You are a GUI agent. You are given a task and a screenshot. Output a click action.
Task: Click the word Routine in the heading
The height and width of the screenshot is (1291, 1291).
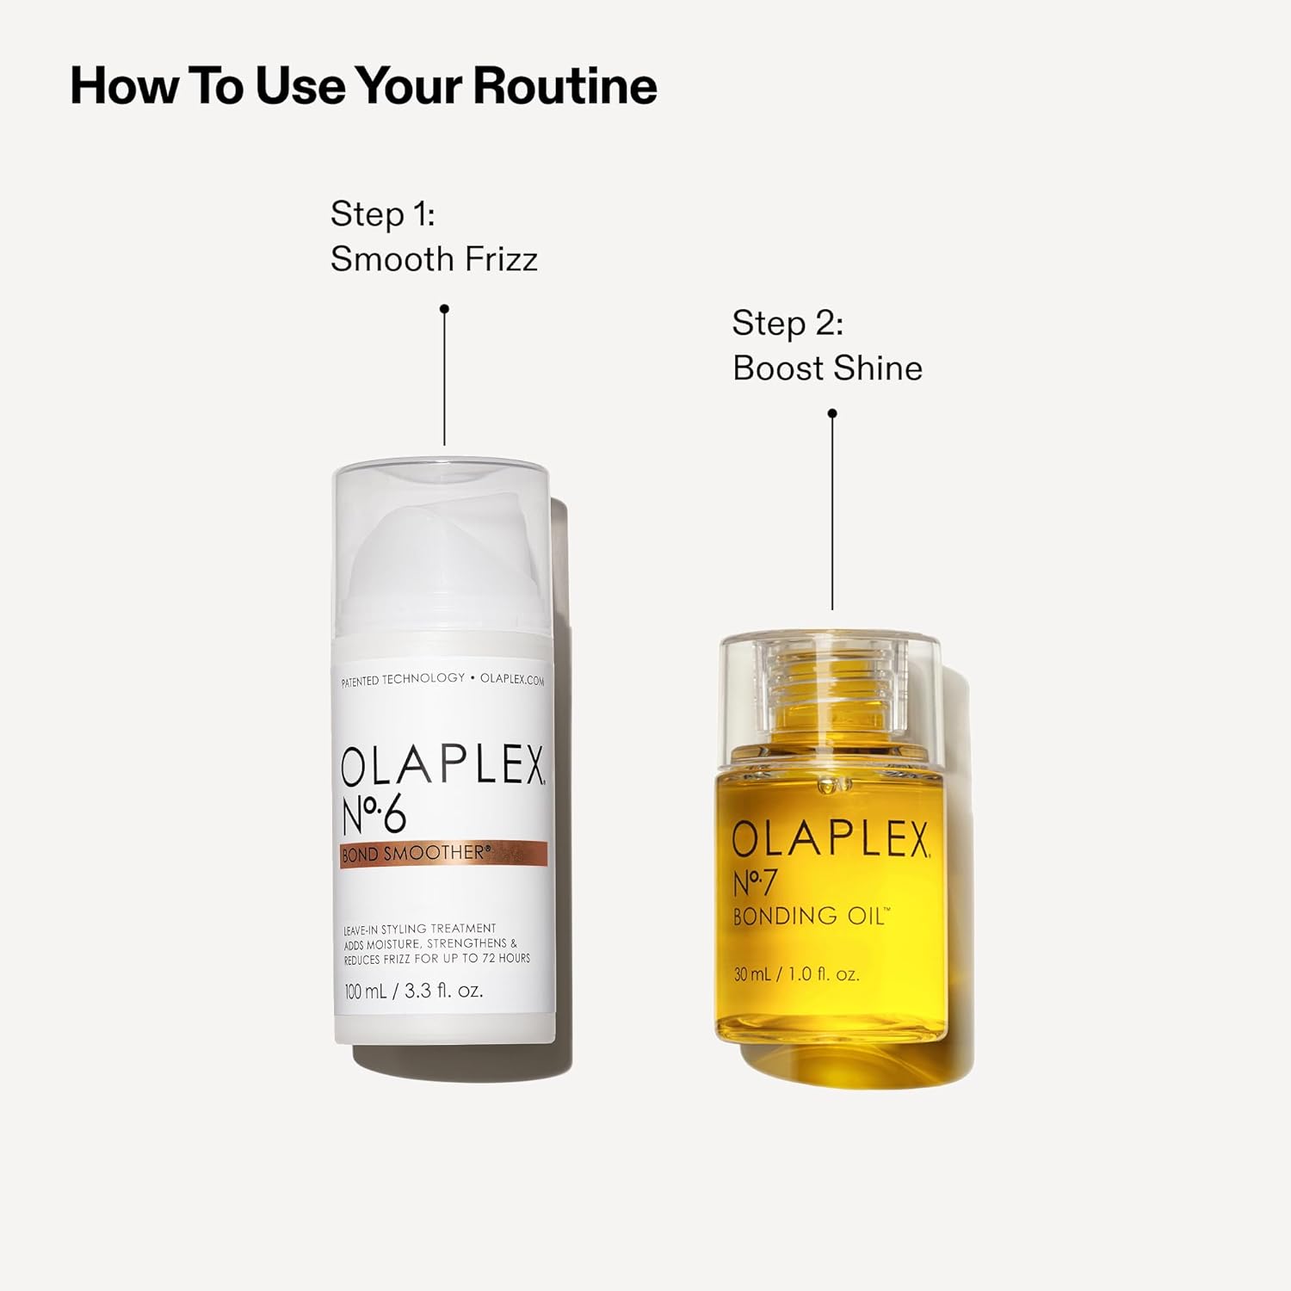pos(565,86)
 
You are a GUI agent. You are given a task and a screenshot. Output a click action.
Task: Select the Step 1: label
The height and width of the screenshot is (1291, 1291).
pos(382,214)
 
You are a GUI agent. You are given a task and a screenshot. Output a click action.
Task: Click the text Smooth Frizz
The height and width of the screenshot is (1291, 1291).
pos(434,259)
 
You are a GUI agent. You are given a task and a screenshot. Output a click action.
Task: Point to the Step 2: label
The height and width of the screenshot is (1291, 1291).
pos(788,324)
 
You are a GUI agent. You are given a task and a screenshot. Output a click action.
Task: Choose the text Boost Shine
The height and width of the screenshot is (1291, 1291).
pos(827,368)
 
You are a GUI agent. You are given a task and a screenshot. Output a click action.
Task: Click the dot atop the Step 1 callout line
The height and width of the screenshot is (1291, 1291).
pos(444,309)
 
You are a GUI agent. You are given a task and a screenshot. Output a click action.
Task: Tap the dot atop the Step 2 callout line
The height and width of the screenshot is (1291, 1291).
pos(832,414)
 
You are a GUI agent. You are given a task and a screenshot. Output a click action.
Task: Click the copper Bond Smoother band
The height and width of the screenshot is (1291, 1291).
pos(443,854)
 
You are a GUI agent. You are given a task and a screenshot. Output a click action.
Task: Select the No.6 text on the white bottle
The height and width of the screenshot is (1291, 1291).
pos(374,815)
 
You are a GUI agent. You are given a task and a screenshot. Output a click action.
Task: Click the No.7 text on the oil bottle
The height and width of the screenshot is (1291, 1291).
pos(755,883)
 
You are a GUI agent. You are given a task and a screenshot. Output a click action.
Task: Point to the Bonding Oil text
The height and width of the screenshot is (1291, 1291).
pos(810,916)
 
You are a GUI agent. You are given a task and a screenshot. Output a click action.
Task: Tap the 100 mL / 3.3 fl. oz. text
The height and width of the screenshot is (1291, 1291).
pos(414,991)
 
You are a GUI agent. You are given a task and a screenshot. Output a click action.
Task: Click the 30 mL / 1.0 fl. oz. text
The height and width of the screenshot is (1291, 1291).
pos(796,974)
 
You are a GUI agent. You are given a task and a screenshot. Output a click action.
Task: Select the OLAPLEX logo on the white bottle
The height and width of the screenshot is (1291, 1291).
pos(442,765)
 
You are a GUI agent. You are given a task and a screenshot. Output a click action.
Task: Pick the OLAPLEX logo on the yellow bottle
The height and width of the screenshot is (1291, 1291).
pos(831,839)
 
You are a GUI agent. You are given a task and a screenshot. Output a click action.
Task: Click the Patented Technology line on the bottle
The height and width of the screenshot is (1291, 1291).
pos(442,679)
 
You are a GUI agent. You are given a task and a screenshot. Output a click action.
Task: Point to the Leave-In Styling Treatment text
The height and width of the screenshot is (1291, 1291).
pos(420,929)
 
